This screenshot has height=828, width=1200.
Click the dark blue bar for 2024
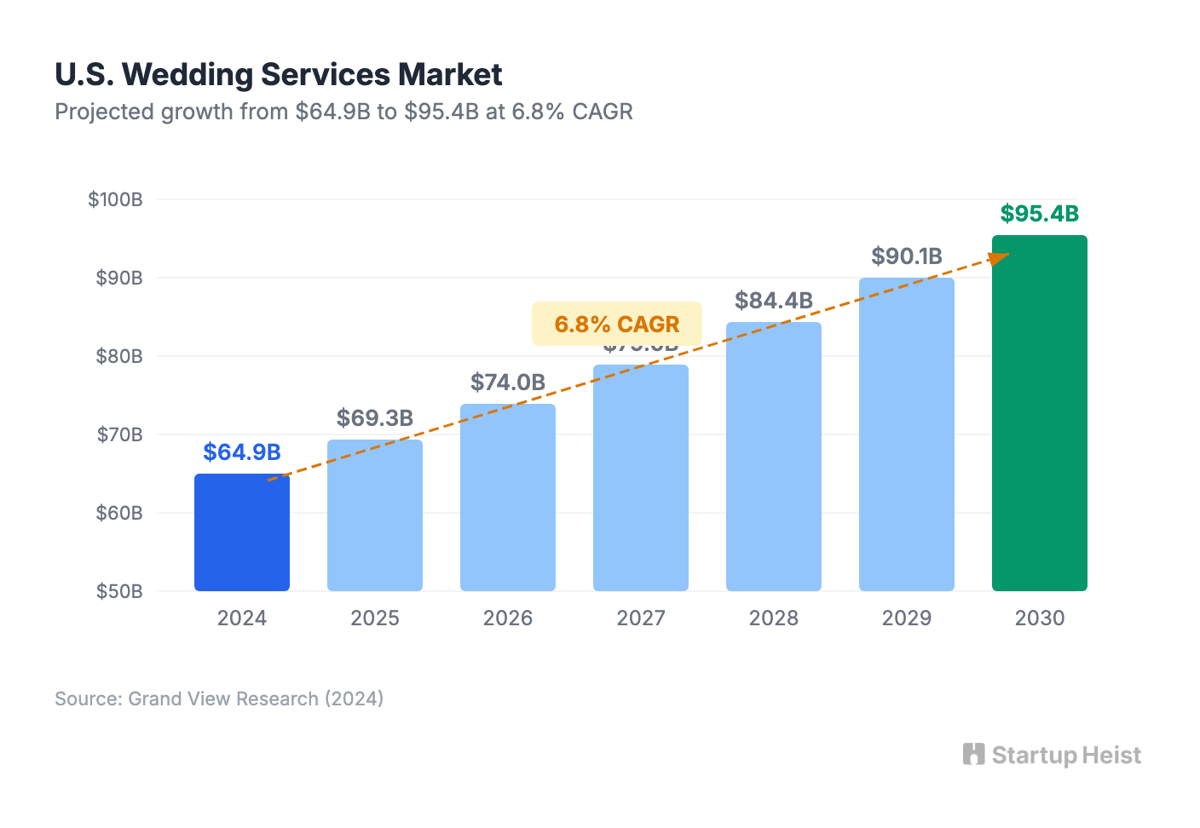[x=242, y=532]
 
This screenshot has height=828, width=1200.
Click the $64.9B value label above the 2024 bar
[x=242, y=452]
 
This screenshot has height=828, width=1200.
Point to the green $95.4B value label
[x=1039, y=214]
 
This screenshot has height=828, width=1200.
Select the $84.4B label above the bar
[x=774, y=301]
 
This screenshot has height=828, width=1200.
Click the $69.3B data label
[x=375, y=418]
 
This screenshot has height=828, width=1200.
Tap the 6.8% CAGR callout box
[x=617, y=325]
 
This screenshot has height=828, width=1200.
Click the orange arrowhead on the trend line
[x=1000, y=256]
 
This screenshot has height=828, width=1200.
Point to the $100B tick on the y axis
[x=116, y=200]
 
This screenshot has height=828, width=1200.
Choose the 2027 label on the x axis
[x=641, y=618]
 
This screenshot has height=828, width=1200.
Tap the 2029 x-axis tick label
[x=907, y=618]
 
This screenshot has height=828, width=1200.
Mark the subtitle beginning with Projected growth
[x=343, y=112]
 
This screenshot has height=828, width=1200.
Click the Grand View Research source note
[x=219, y=699]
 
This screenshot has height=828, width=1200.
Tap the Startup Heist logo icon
[x=973, y=755]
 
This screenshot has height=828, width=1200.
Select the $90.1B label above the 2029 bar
[x=907, y=256]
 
